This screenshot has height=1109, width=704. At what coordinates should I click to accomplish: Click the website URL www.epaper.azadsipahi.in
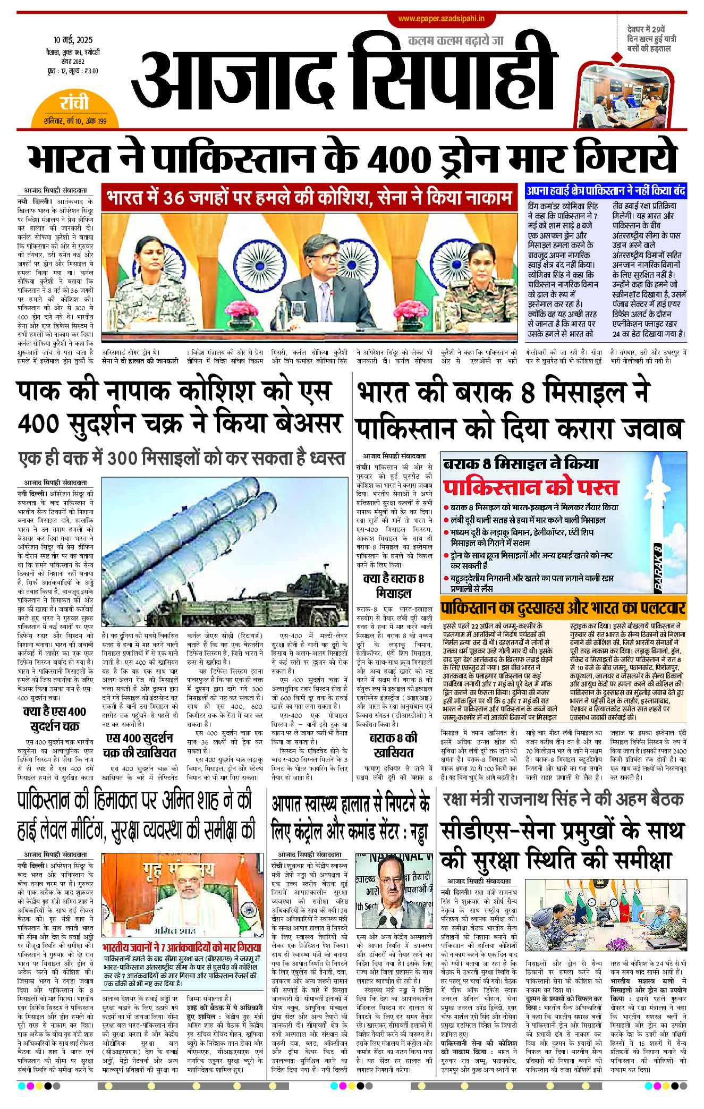tap(441, 19)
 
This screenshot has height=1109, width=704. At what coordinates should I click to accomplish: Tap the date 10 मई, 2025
tap(73, 40)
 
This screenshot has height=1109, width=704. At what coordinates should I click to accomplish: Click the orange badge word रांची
tap(74, 103)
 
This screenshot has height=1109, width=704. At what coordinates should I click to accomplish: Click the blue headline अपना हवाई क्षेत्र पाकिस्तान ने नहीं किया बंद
tap(606, 191)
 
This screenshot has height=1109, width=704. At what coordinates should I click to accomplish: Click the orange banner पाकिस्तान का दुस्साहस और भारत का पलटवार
tap(563, 608)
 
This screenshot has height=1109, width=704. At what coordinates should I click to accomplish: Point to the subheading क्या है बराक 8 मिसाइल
tap(393, 586)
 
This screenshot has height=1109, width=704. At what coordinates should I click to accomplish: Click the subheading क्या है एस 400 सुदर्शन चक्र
tap(55, 718)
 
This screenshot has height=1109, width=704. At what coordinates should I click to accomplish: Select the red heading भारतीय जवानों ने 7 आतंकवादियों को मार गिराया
tap(182, 947)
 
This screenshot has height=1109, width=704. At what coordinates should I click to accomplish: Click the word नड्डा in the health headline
tap(419, 833)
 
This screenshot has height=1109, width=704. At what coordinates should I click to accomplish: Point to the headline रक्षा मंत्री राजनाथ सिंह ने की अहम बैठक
tap(563, 799)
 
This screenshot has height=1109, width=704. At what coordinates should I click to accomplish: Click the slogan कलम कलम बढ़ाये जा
tap(455, 40)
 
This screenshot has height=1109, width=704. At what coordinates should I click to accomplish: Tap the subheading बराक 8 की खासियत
tap(393, 745)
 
